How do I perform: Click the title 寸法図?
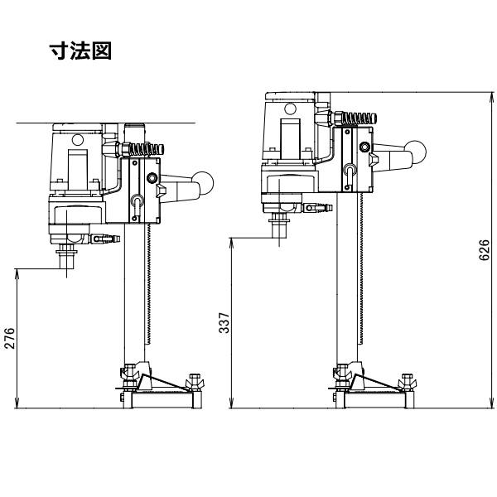click(80, 51)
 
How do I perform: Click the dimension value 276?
click(10, 338)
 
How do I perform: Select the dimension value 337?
click(224, 323)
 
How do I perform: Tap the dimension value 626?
click(484, 250)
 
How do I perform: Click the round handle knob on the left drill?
click(203, 183)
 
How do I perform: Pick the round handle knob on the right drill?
click(415, 152)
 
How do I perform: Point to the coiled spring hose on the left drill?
click(147, 149)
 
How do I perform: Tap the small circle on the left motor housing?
click(77, 139)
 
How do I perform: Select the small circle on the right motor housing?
click(290, 109)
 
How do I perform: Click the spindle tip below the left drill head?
click(67, 261)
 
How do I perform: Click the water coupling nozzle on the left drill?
click(106, 239)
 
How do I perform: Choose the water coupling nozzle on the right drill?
click(318, 208)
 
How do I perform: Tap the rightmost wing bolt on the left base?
click(194, 382)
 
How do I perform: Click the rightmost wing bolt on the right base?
click(407, 382)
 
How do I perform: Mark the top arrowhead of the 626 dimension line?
click(491, 97)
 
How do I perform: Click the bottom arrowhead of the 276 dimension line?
click(17, 404)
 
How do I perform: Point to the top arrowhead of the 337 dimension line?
click(232, 243)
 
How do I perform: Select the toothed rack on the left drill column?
click(148, 283)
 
